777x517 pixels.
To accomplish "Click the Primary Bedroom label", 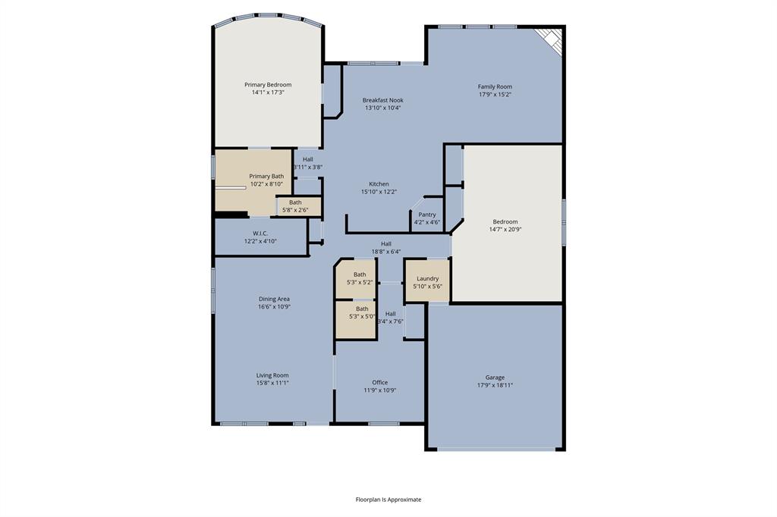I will [267, 85].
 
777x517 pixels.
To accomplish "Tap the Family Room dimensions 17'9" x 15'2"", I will [494, 95].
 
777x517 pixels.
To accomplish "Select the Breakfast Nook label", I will [382, 100].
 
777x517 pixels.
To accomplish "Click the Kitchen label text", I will [379, 184].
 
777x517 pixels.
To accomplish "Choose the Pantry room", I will [427, 218].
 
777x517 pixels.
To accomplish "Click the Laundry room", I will [427, 282].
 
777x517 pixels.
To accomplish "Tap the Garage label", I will [495, 378].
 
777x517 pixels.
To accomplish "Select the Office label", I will [379, 383].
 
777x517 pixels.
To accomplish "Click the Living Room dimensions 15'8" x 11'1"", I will [272, 384].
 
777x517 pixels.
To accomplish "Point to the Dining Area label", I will [274, 299].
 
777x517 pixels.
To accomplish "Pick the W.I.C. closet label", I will [260, 233].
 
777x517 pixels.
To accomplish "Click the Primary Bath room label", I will [266, 176].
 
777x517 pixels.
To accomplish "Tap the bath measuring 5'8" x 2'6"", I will [295, 206].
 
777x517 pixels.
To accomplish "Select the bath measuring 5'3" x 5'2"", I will [360, 278].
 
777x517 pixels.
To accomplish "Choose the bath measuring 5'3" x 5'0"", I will [362, 312].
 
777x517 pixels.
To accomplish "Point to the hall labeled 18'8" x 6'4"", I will [386, 248].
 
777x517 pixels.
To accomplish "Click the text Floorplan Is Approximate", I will [388, 500].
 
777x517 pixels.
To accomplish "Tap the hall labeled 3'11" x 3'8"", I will [307, 163].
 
